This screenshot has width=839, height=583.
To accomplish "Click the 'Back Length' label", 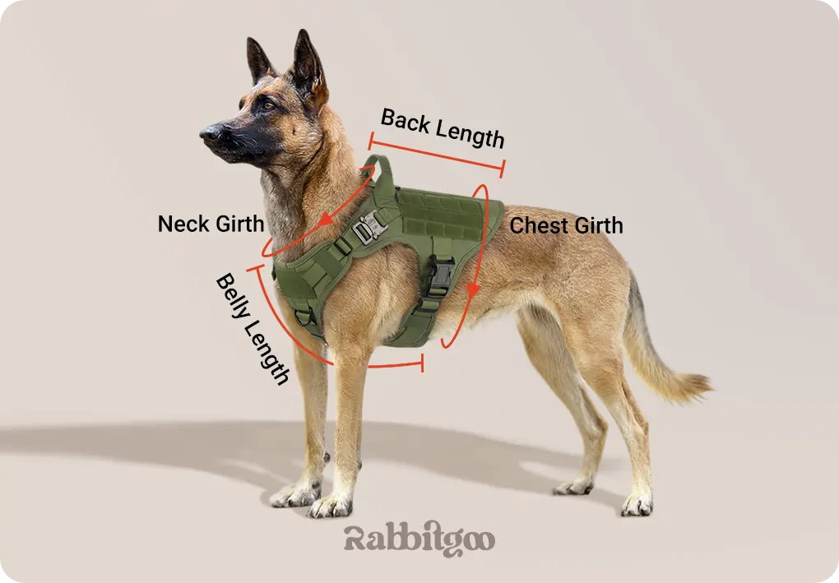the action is (443, 127).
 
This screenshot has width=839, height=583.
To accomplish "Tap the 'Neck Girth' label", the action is (211, 224).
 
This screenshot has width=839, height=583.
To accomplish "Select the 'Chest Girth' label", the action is (566, 225).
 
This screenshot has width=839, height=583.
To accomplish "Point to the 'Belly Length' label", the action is (253, 329).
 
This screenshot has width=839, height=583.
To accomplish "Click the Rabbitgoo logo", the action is (419, 539).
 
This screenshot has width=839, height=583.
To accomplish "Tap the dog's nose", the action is (209, 132).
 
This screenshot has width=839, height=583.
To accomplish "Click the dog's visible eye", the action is (268, 105).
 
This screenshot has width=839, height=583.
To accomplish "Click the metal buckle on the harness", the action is (370, 226).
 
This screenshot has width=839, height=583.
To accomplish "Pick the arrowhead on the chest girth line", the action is (473, 290).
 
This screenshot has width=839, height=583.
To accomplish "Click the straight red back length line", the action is (436, 155).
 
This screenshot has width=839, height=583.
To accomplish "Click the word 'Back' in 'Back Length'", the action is (405, 121).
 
